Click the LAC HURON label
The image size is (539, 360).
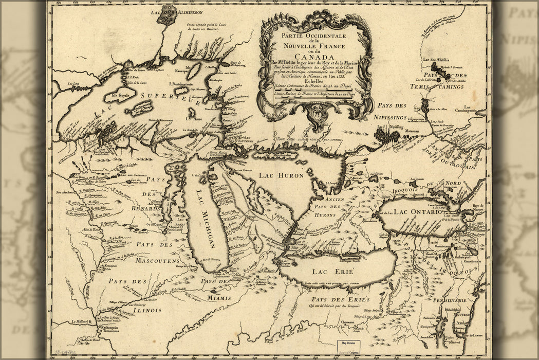point(281,176)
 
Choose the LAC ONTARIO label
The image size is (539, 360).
point(418,212)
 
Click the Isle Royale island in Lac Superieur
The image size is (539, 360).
point(120,95)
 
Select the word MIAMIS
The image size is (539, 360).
point(218,297)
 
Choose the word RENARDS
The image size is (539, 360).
point(145,209)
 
